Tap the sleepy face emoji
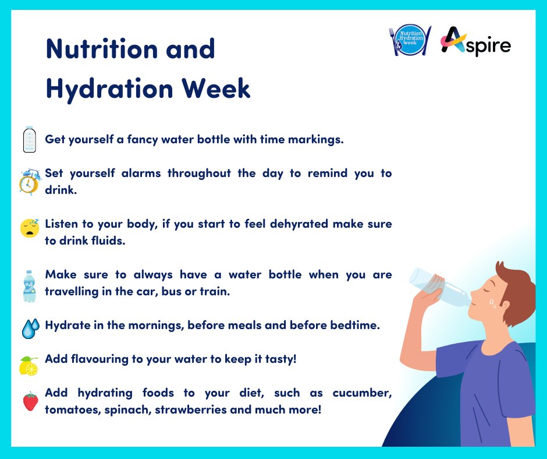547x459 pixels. click(29, 228)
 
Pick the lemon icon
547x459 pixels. click(29, 366)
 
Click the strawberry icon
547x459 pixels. click(29, 401)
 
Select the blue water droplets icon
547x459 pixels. click(29, 328)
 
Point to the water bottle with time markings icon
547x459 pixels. click(29, 140)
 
